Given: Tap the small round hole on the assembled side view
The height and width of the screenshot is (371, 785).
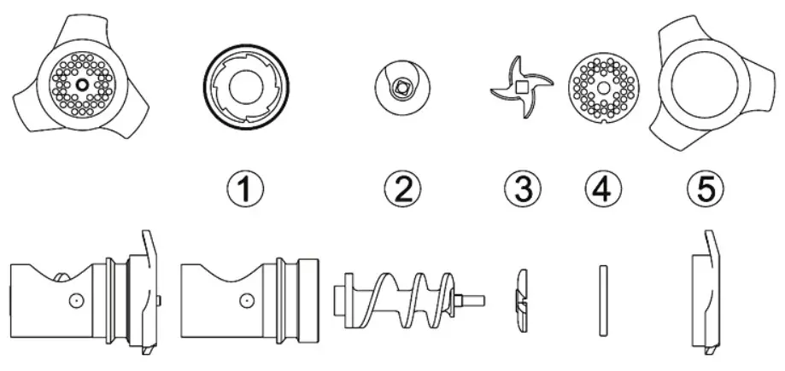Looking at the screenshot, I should (x=75, y=300).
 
